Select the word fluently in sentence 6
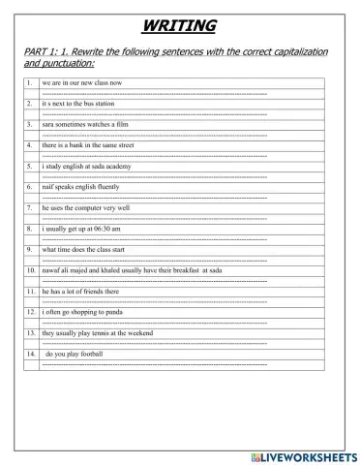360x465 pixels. coord(115,187)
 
